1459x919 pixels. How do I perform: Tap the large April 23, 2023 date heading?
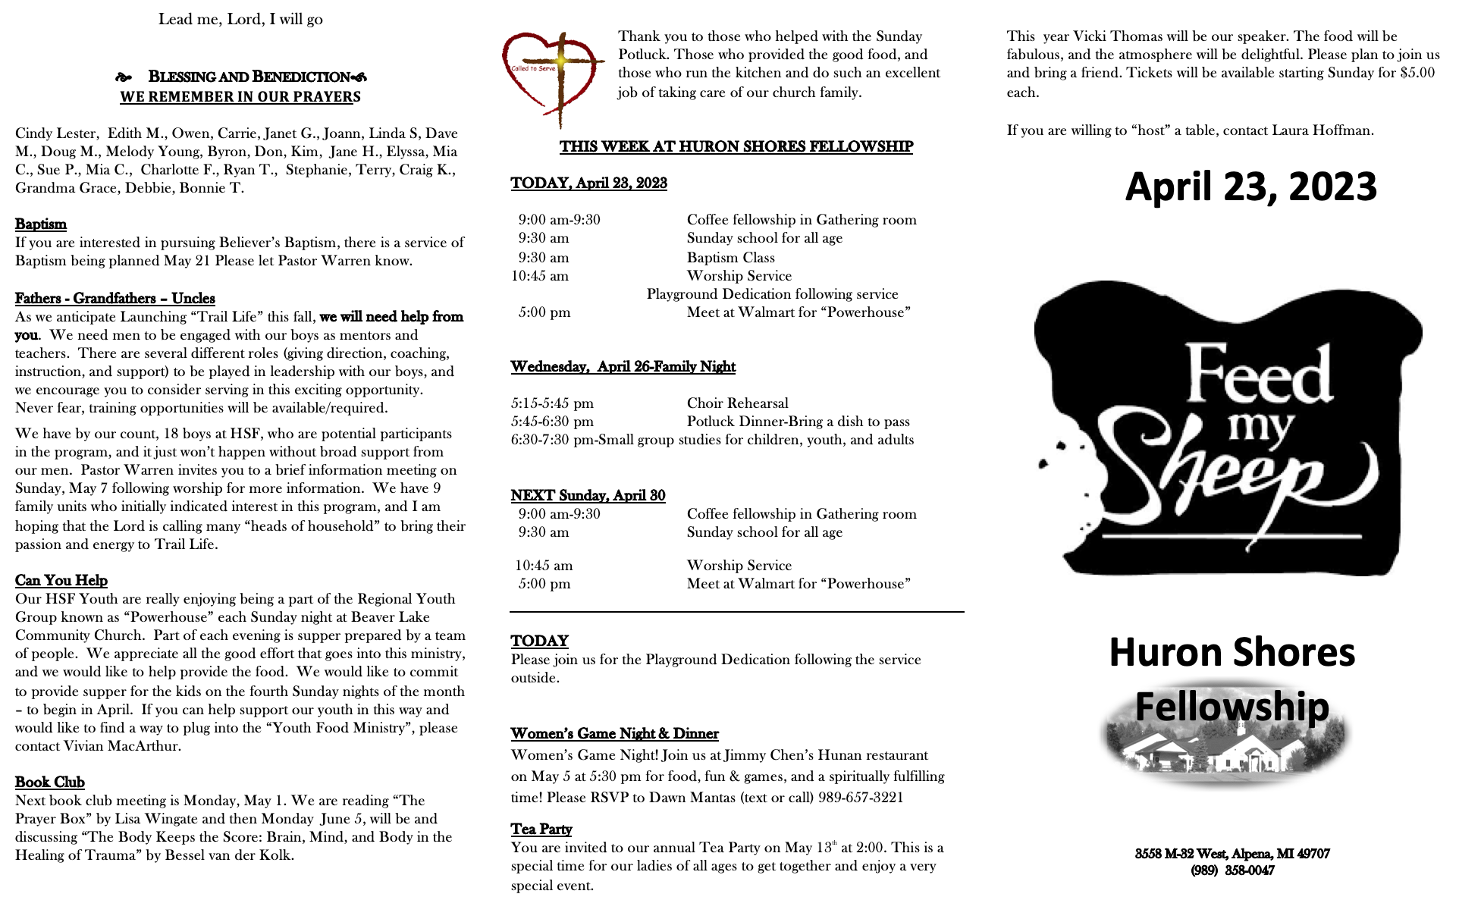click(1250, 187)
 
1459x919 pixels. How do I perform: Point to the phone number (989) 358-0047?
click(1232, 870)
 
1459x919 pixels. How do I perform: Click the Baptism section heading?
click(41, 224)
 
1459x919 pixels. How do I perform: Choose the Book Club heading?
click(49, 782)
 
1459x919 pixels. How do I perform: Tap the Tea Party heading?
click(541, 829)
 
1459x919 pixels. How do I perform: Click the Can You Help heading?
click(61, 580)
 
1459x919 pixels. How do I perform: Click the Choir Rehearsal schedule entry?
click(737, 403)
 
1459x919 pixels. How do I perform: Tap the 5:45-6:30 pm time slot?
click(552, 422)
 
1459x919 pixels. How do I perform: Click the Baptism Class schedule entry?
click(730, 258)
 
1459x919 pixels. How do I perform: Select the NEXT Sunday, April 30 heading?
click(588, 495)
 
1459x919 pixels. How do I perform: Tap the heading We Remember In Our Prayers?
click(240, 97)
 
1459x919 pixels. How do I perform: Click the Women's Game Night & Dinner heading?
click(614, 733)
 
